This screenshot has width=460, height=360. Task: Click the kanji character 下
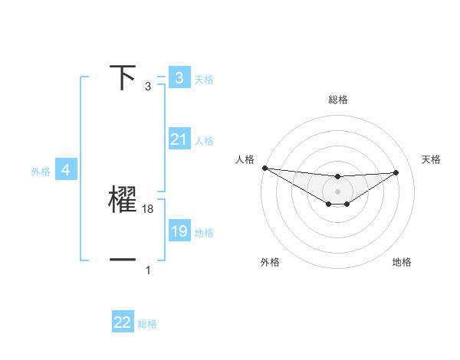(x=123, y=78)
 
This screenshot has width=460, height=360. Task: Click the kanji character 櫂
(x=123, y=199)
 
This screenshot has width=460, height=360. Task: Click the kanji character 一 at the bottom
(x=123, y=260)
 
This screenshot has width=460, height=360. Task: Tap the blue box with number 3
(x=179, y=78)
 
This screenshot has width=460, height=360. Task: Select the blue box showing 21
(x=179, y=139)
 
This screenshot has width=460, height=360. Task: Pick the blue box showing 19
(x=179, y=231)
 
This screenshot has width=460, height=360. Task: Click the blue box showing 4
(x=65, y=170)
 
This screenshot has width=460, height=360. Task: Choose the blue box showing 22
(x=123, y=322)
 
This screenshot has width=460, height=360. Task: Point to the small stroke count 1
(x=148, y=270)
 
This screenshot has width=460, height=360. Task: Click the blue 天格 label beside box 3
(x=204, y=79)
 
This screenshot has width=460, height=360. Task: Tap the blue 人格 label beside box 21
(x=204, y=141)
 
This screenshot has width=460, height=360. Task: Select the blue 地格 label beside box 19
(x=204, y=233)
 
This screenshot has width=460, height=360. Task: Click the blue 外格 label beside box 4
(x=41, y=172)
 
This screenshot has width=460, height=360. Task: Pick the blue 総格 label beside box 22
(x=147, y=324)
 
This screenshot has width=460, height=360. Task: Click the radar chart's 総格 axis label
(x=338, y=100)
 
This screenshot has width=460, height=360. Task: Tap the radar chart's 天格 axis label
(x=432, y=159)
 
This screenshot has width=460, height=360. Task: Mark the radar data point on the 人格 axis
(x=264, y=168)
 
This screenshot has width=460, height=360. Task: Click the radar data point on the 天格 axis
(x=396, y=172)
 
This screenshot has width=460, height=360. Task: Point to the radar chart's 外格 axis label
(x=270, y=263)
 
